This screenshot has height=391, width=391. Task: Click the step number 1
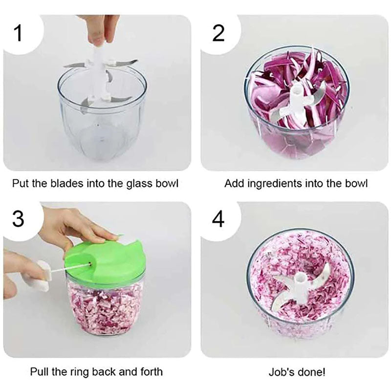[x=18, y=33]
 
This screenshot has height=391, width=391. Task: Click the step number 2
[x=218, y=33]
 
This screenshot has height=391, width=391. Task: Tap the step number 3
[x=18, y=218]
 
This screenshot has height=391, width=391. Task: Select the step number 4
[x=218, y=219]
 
